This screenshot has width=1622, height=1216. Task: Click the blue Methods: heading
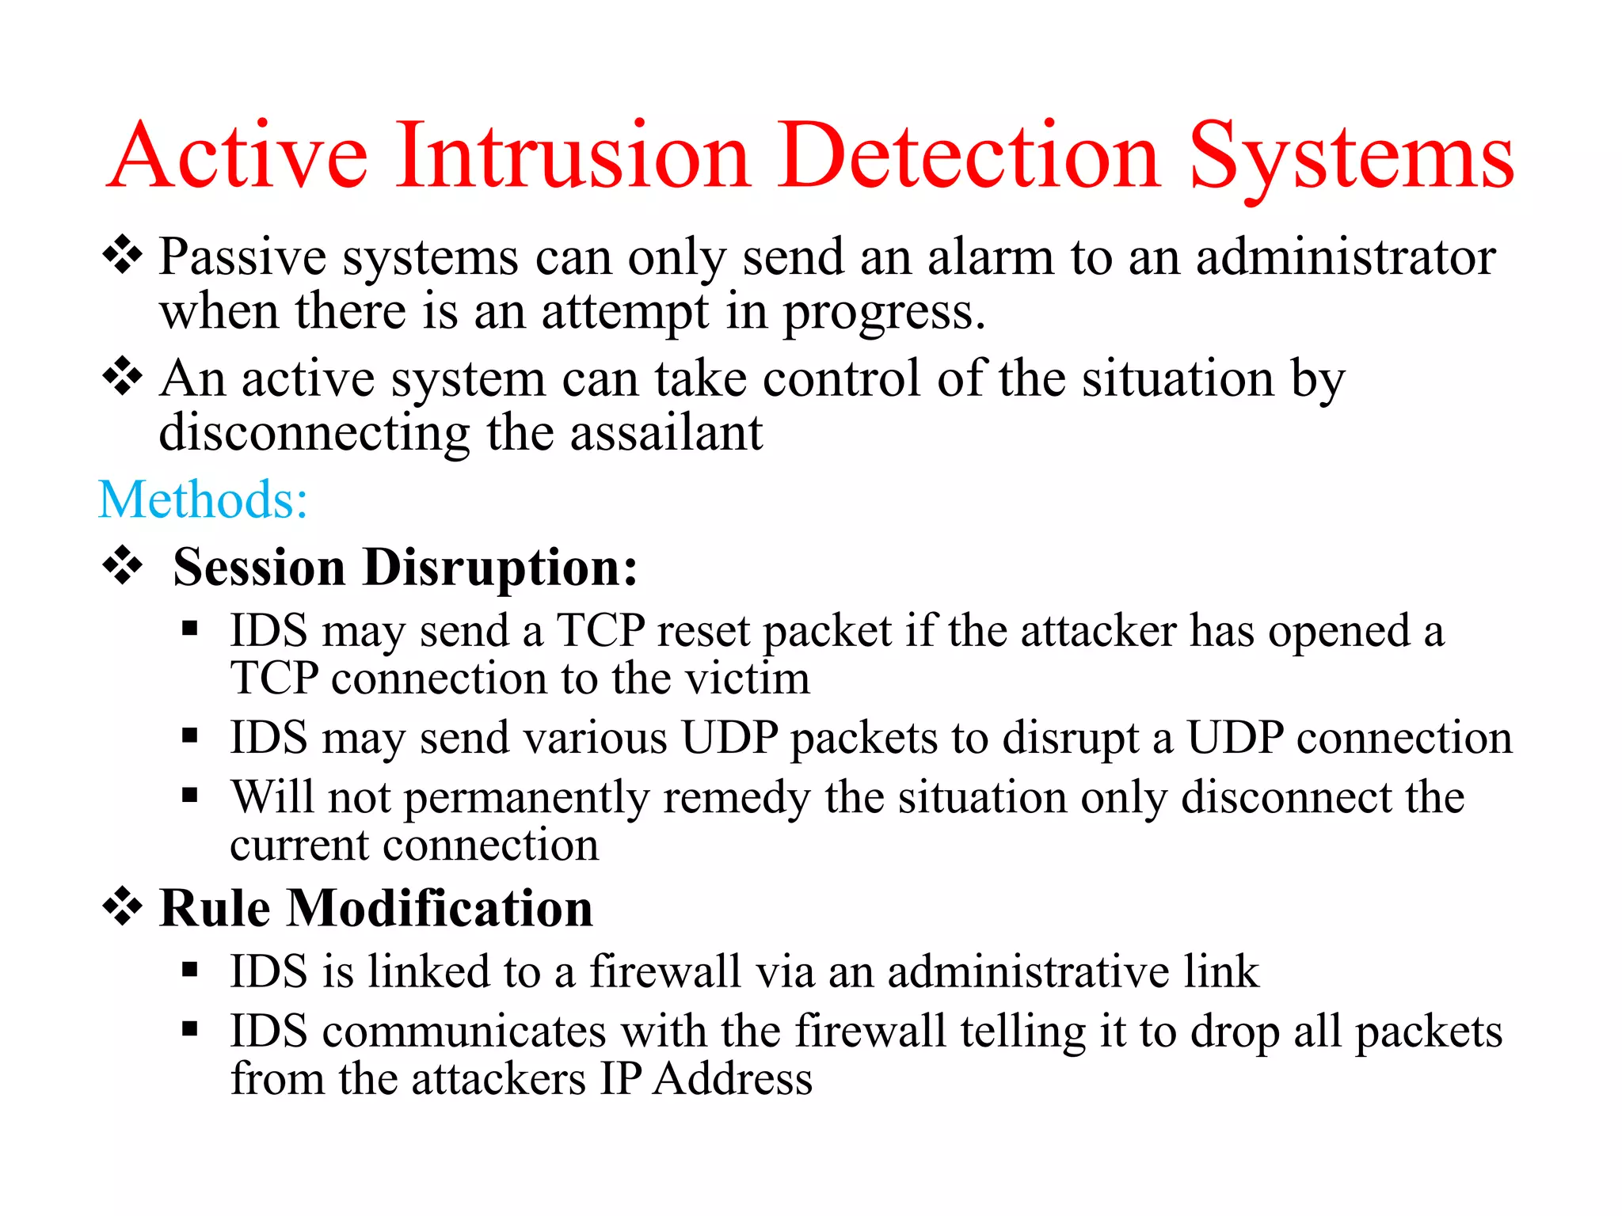[203, 500]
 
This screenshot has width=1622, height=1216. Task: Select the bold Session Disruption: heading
[405, 568]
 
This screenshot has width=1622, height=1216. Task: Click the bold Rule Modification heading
[375, 908]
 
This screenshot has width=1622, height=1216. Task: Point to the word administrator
[1345, 258]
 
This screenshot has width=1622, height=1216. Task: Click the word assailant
[666, 433]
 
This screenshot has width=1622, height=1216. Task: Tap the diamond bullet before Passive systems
[123, 255]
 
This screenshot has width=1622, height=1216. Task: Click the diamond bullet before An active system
[123, 376]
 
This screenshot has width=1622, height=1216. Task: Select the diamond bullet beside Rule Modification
[123, 906]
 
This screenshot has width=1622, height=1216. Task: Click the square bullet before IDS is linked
[189, 970]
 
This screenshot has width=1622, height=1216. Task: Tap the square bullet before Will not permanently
[189, 795]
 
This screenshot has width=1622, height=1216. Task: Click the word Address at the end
[733, 1079]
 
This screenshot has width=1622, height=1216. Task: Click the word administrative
[1027, 972]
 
